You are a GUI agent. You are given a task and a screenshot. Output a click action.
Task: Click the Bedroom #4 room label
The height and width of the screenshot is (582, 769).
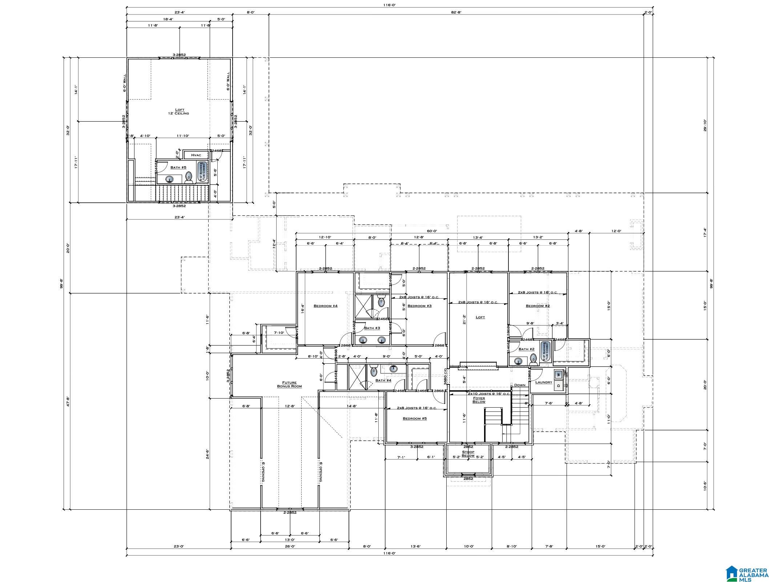tap(325, 306)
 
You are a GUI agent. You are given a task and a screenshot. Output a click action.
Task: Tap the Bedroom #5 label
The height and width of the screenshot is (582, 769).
tap(414, 419)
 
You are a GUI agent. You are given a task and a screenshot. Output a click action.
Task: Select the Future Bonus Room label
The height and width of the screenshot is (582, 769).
tap(289, 384)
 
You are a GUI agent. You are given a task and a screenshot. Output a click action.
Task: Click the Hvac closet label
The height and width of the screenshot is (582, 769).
tap(196, 155)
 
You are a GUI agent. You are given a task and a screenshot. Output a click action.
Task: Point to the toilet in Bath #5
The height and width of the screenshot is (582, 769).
tap(189, 177)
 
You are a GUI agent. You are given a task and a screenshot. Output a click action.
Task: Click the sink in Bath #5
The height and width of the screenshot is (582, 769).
tap(169, 179)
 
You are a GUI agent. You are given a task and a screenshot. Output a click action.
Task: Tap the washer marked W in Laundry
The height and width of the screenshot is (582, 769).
tap(559, 375)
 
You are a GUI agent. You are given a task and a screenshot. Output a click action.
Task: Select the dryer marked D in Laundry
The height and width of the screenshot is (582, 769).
tap(559, 386)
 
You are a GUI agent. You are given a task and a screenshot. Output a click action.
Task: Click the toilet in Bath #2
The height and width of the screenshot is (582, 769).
tap(533, 359)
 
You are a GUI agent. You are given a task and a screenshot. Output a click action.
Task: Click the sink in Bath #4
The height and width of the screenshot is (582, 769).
tap(393, 369)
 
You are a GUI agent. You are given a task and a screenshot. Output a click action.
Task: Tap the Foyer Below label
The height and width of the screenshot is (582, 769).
tap(479, 400)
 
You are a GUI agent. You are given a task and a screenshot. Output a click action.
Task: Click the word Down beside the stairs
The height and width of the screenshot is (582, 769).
tap(519, 385)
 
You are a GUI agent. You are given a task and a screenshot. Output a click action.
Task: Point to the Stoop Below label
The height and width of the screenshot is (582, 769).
tap(468, 454)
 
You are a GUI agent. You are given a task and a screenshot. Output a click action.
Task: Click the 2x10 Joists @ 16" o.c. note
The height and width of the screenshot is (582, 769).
tap(489, 394)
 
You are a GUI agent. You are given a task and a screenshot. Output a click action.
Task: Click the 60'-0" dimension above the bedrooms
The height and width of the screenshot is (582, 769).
tap(432, 231)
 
